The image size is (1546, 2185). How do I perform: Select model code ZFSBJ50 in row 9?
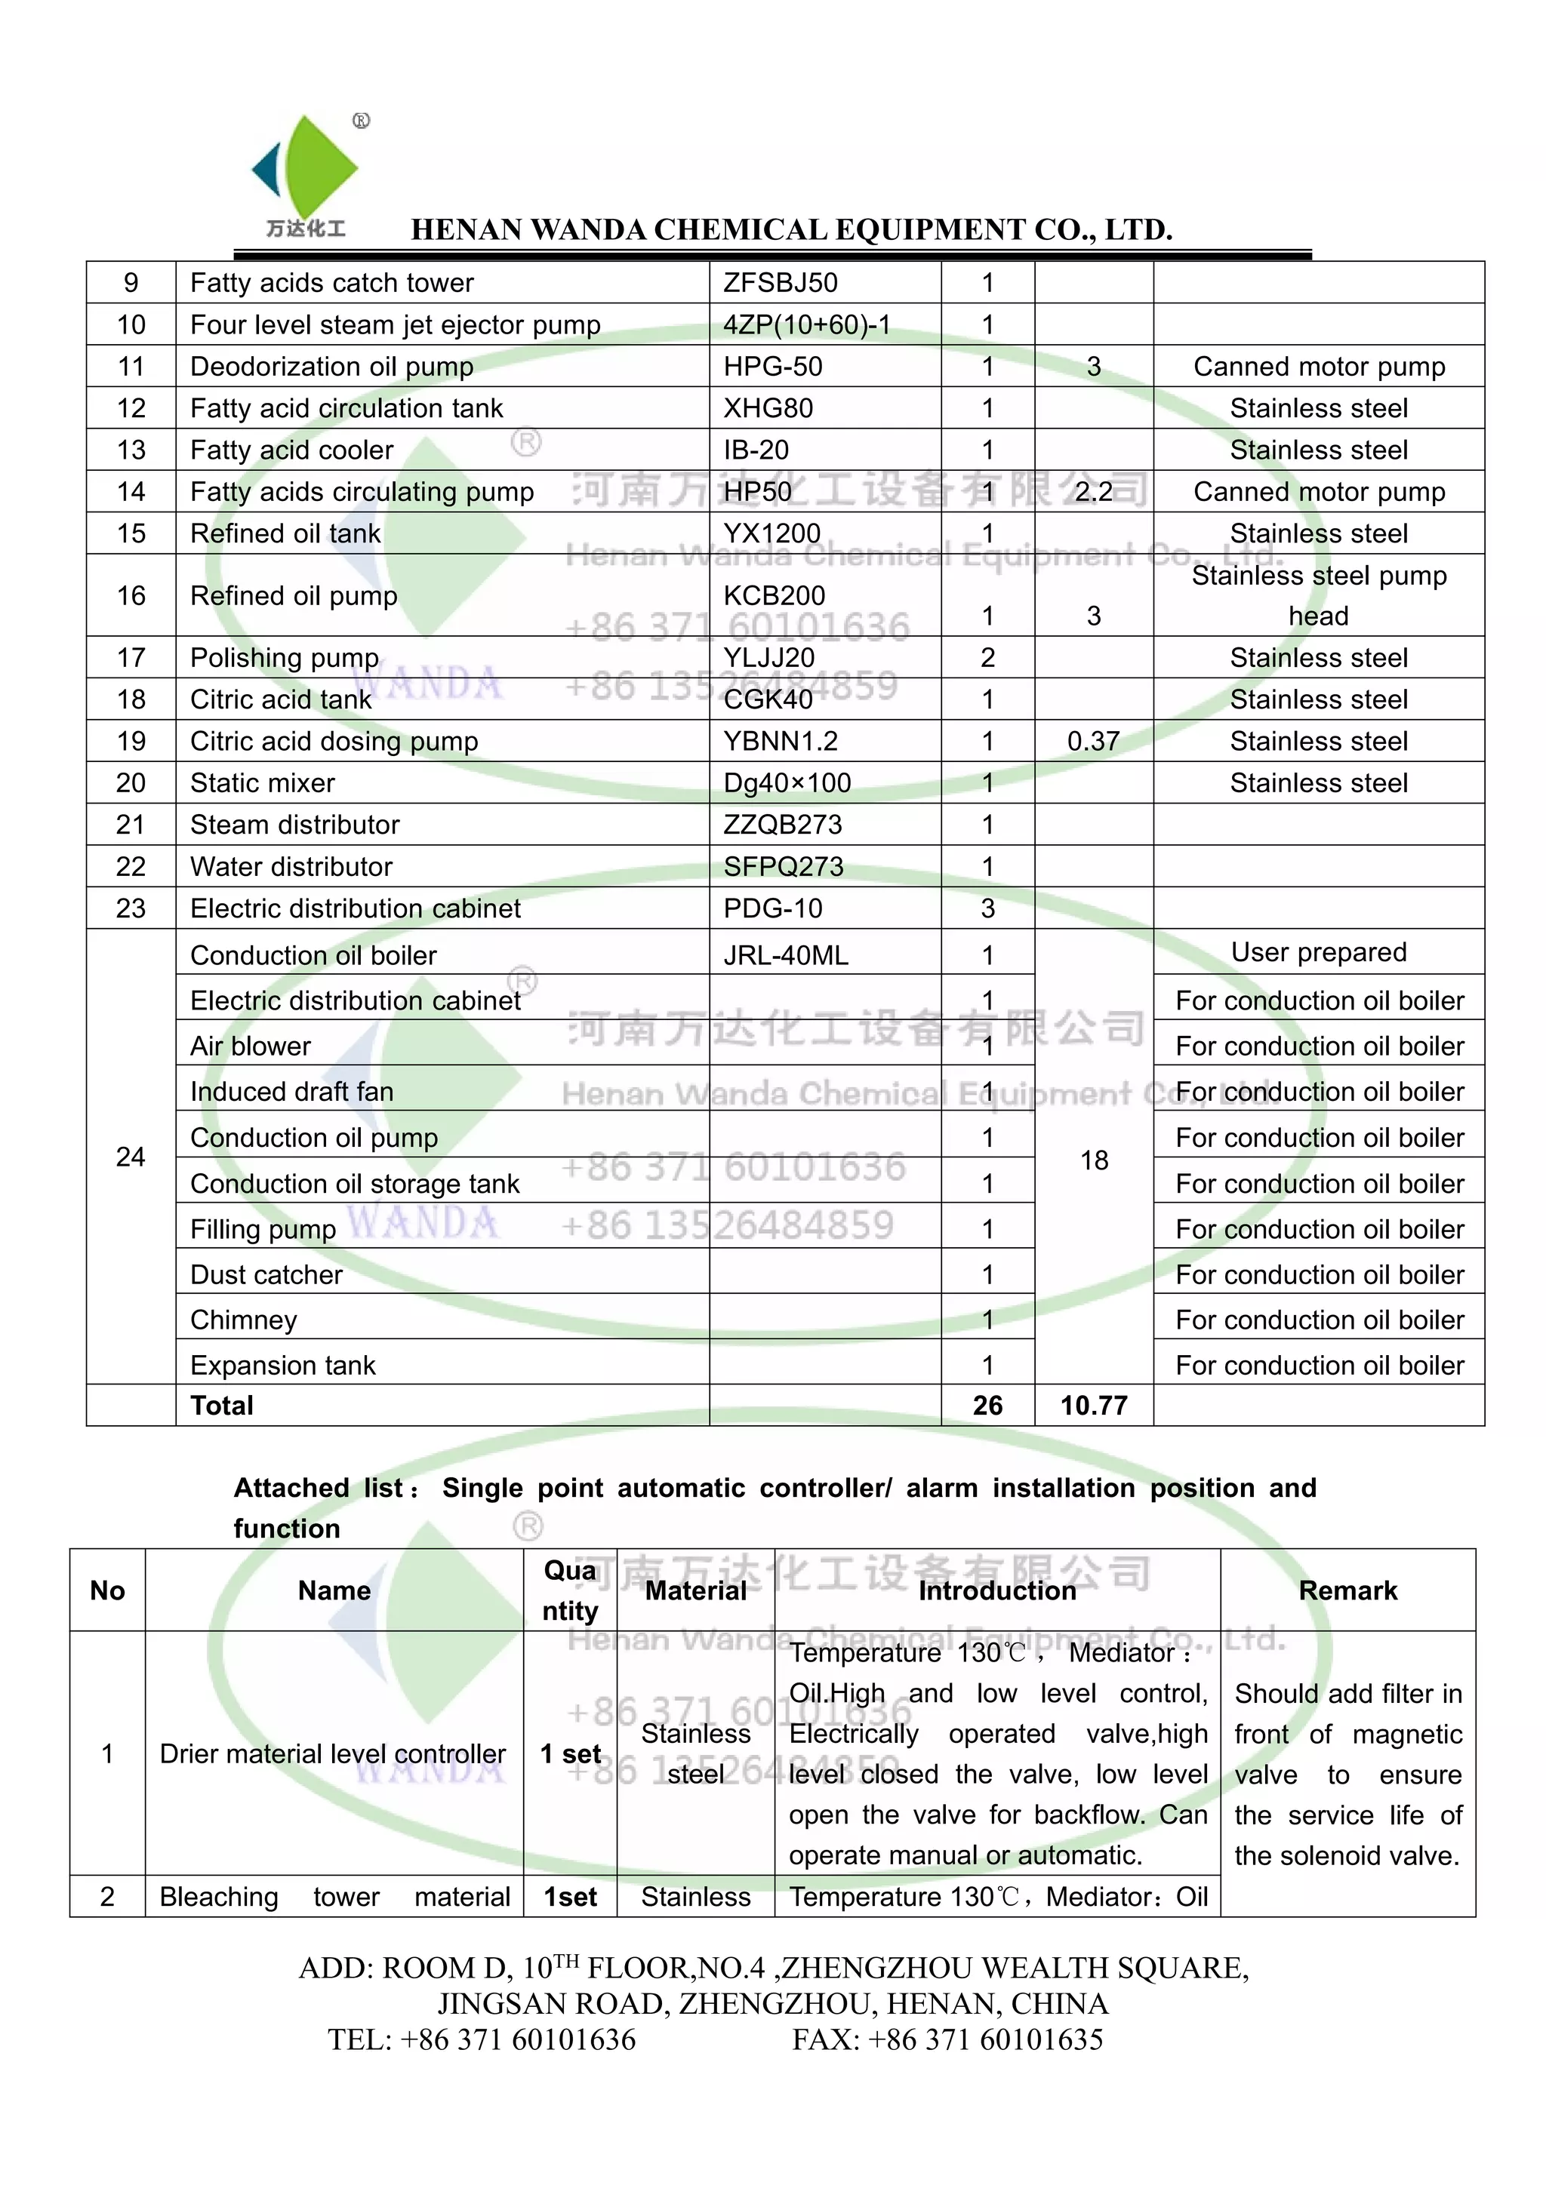(x=780, y=283)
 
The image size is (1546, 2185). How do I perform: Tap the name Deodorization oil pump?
(x=331, y=367)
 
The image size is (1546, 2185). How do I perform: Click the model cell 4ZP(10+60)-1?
(x=806, y=324)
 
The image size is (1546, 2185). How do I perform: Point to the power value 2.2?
(x=1093, y=492)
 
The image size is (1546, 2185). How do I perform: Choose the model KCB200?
(x=774, y=596)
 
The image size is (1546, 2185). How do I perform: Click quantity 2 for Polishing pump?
(x=987, y=658)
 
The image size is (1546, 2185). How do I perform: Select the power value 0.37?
(x=1093, y=742)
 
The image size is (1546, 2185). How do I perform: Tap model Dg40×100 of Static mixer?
(x=787, y=783)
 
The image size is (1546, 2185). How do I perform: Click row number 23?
(x=131, y=908)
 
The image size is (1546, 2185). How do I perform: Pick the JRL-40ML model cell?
(x=785, y=955)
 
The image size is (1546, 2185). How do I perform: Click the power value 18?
(x=1094, y=1160)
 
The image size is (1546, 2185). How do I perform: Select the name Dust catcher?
(x=266, y=1275)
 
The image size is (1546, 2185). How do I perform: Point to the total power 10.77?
(x=1094, y=1406)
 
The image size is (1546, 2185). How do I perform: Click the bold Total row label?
(x=222, y=1406)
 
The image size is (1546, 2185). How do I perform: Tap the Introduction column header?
(x=996, y=1591)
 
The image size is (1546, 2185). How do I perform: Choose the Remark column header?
(x=1347, y=1591)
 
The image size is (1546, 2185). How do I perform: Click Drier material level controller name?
(x=332, y=1754)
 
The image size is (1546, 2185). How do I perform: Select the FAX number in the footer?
(x=947, y=2039)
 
